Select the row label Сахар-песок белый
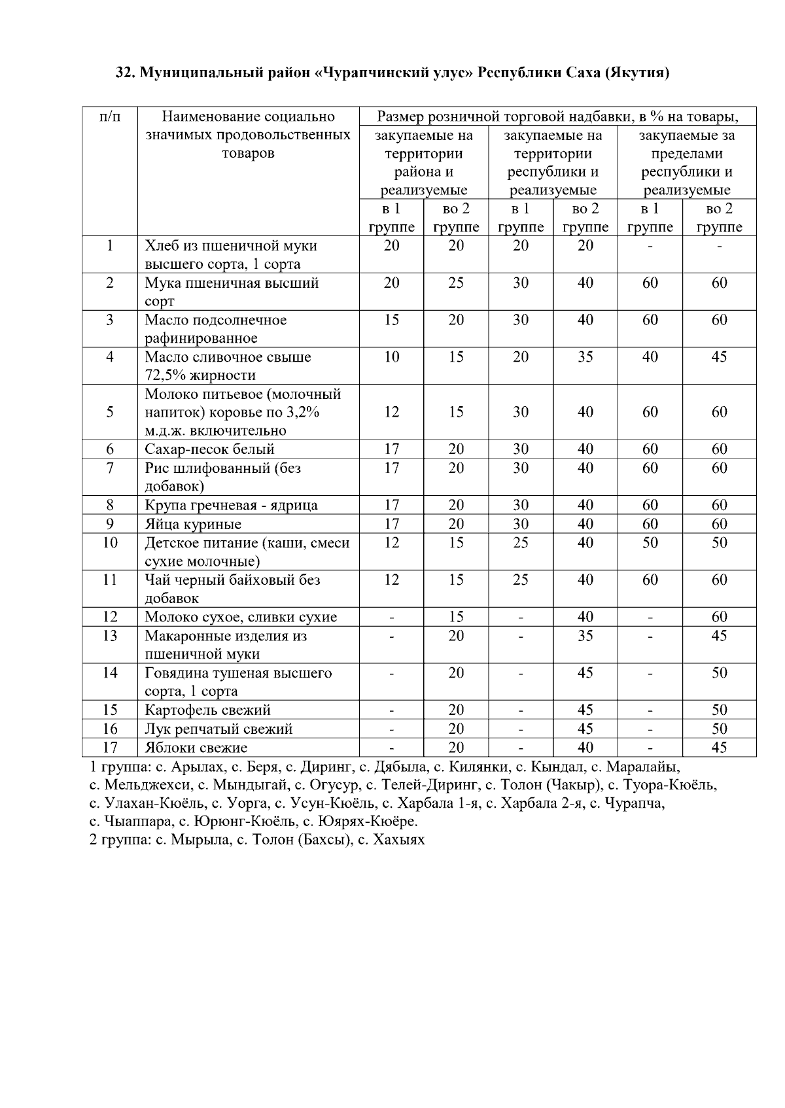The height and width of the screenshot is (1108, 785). tap(209, 449)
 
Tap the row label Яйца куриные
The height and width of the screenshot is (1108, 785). tap(193, 525)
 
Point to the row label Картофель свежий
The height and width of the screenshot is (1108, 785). tap(207, 710)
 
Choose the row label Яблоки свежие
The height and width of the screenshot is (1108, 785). tap(196, 748)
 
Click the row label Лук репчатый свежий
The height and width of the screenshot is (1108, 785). tap(218, 729)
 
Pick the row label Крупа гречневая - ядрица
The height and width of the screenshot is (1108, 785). tap(231, 506)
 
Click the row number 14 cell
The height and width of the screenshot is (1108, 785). tap(110, 673)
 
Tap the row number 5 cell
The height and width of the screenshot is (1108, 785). tap(110, 412)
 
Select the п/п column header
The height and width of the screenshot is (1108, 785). tap(110, 117)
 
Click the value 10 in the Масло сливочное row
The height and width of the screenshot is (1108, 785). tap(391, 357)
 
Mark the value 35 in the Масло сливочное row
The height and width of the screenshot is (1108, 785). tap(585, 357)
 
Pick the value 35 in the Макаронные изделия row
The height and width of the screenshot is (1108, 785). tap(585, 636)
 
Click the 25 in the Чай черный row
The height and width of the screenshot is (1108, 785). tap(520, 580)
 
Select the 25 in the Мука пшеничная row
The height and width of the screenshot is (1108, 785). tap(456, 283)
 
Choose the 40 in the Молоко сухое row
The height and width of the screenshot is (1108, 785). tap(585, 617)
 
